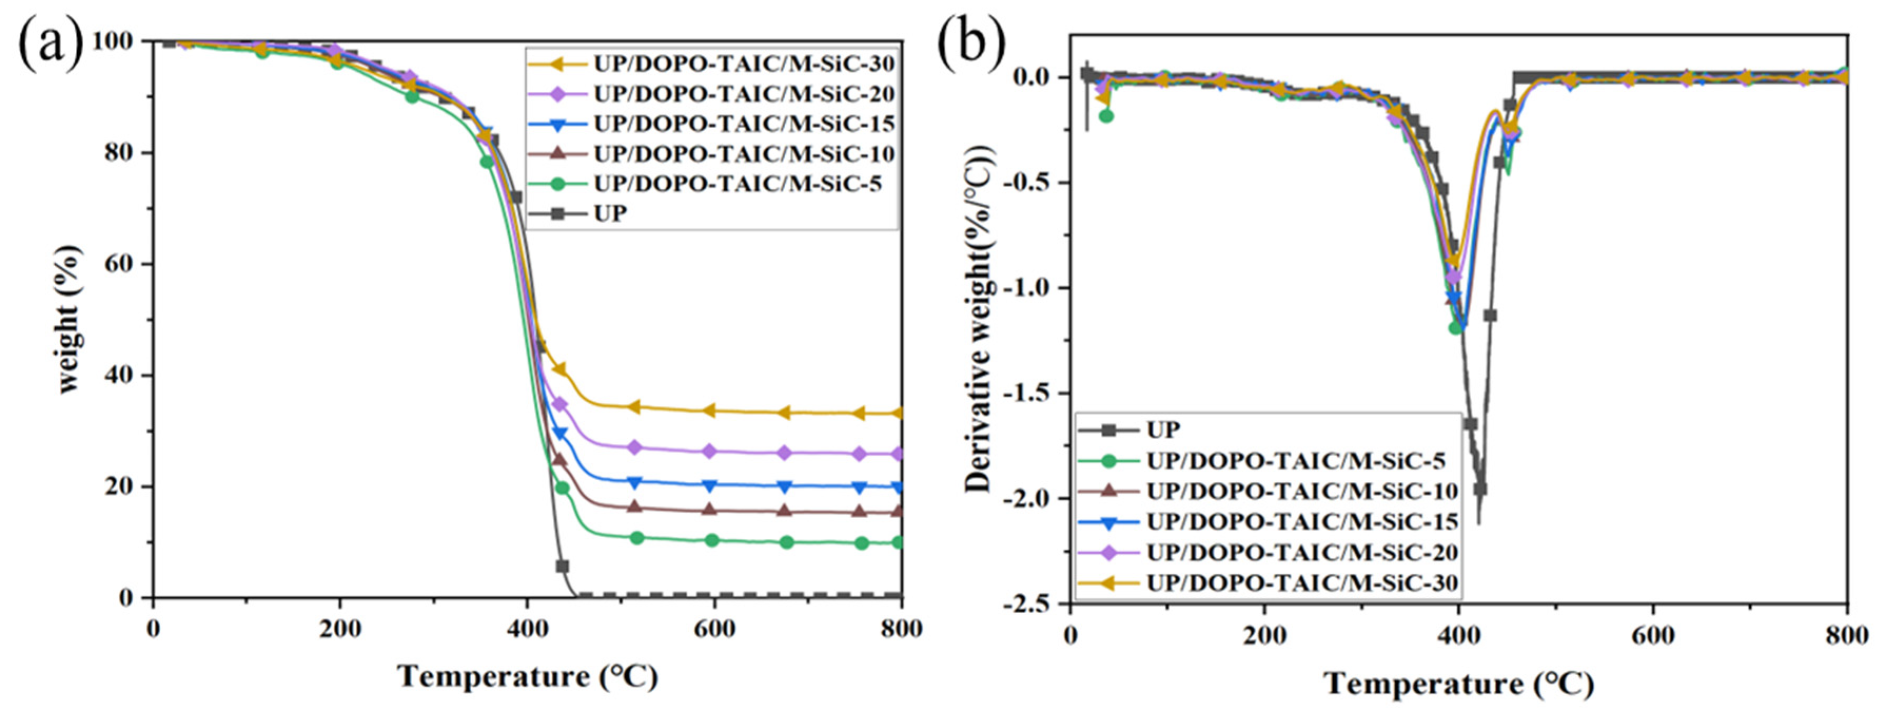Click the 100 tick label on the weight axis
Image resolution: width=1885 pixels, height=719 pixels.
coord(113,41)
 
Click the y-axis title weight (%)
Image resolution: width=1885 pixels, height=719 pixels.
coord(69,319)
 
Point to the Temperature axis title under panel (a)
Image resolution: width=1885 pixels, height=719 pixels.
coord(527,676)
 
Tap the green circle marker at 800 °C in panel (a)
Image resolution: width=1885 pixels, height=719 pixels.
coord(900,542)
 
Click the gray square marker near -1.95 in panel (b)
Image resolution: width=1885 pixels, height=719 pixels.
coord(1479,489)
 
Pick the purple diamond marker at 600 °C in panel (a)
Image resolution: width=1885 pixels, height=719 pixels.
coord(709,451)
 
